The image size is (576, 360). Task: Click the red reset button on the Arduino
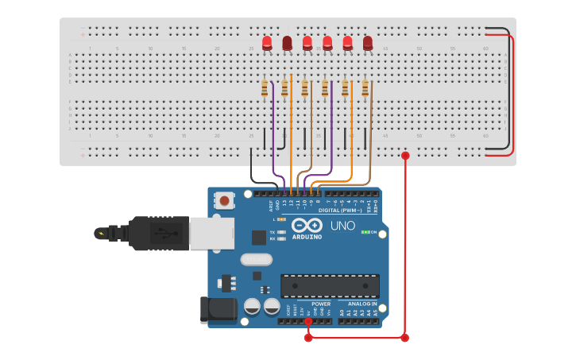[225, 200]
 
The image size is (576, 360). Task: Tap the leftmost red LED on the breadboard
[267, 42]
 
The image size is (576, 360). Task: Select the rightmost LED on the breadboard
[368, 43]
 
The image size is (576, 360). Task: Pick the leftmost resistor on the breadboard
[265, 89]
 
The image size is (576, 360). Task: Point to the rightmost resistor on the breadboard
[365, 88]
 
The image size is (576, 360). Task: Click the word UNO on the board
[342, 226]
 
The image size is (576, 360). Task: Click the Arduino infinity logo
[306, 225]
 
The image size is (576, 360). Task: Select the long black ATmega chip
[330, 286]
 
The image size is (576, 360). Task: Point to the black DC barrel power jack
[219, 310]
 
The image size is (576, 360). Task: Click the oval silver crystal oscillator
[256, 259]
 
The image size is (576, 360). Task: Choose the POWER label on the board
[321, 304]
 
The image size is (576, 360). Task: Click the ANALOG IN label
[360, 304]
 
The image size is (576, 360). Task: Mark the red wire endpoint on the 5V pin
[308, 321]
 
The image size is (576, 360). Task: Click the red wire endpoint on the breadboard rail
[405, 156]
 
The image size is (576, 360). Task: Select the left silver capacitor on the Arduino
[253, 306]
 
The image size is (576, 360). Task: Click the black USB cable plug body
[159, 233]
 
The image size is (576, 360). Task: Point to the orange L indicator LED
[282, 219]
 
